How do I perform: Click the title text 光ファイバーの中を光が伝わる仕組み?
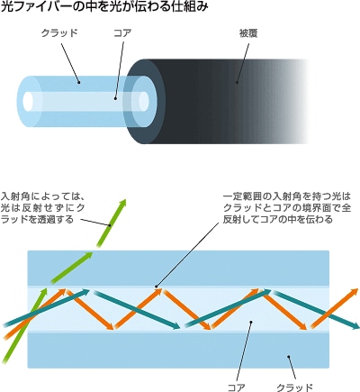104,6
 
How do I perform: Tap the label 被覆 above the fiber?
248,33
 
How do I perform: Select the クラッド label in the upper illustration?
59,32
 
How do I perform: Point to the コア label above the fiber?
122,32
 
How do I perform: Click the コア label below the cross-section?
237,387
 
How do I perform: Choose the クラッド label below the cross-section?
294,387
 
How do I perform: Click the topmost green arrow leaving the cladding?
111,223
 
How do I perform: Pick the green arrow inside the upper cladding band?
72,268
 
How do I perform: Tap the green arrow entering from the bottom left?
24,325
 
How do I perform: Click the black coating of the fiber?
228,101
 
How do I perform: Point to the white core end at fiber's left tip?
28,100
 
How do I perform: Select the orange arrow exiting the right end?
334,308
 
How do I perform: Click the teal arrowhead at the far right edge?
355,325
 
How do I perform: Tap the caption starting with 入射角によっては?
42,208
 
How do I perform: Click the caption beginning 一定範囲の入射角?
287,208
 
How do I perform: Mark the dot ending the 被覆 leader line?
237,82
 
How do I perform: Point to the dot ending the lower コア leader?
251,322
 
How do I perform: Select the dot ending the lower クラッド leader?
288,357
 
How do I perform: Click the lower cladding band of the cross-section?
178,350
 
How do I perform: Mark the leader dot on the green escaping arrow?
110,225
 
